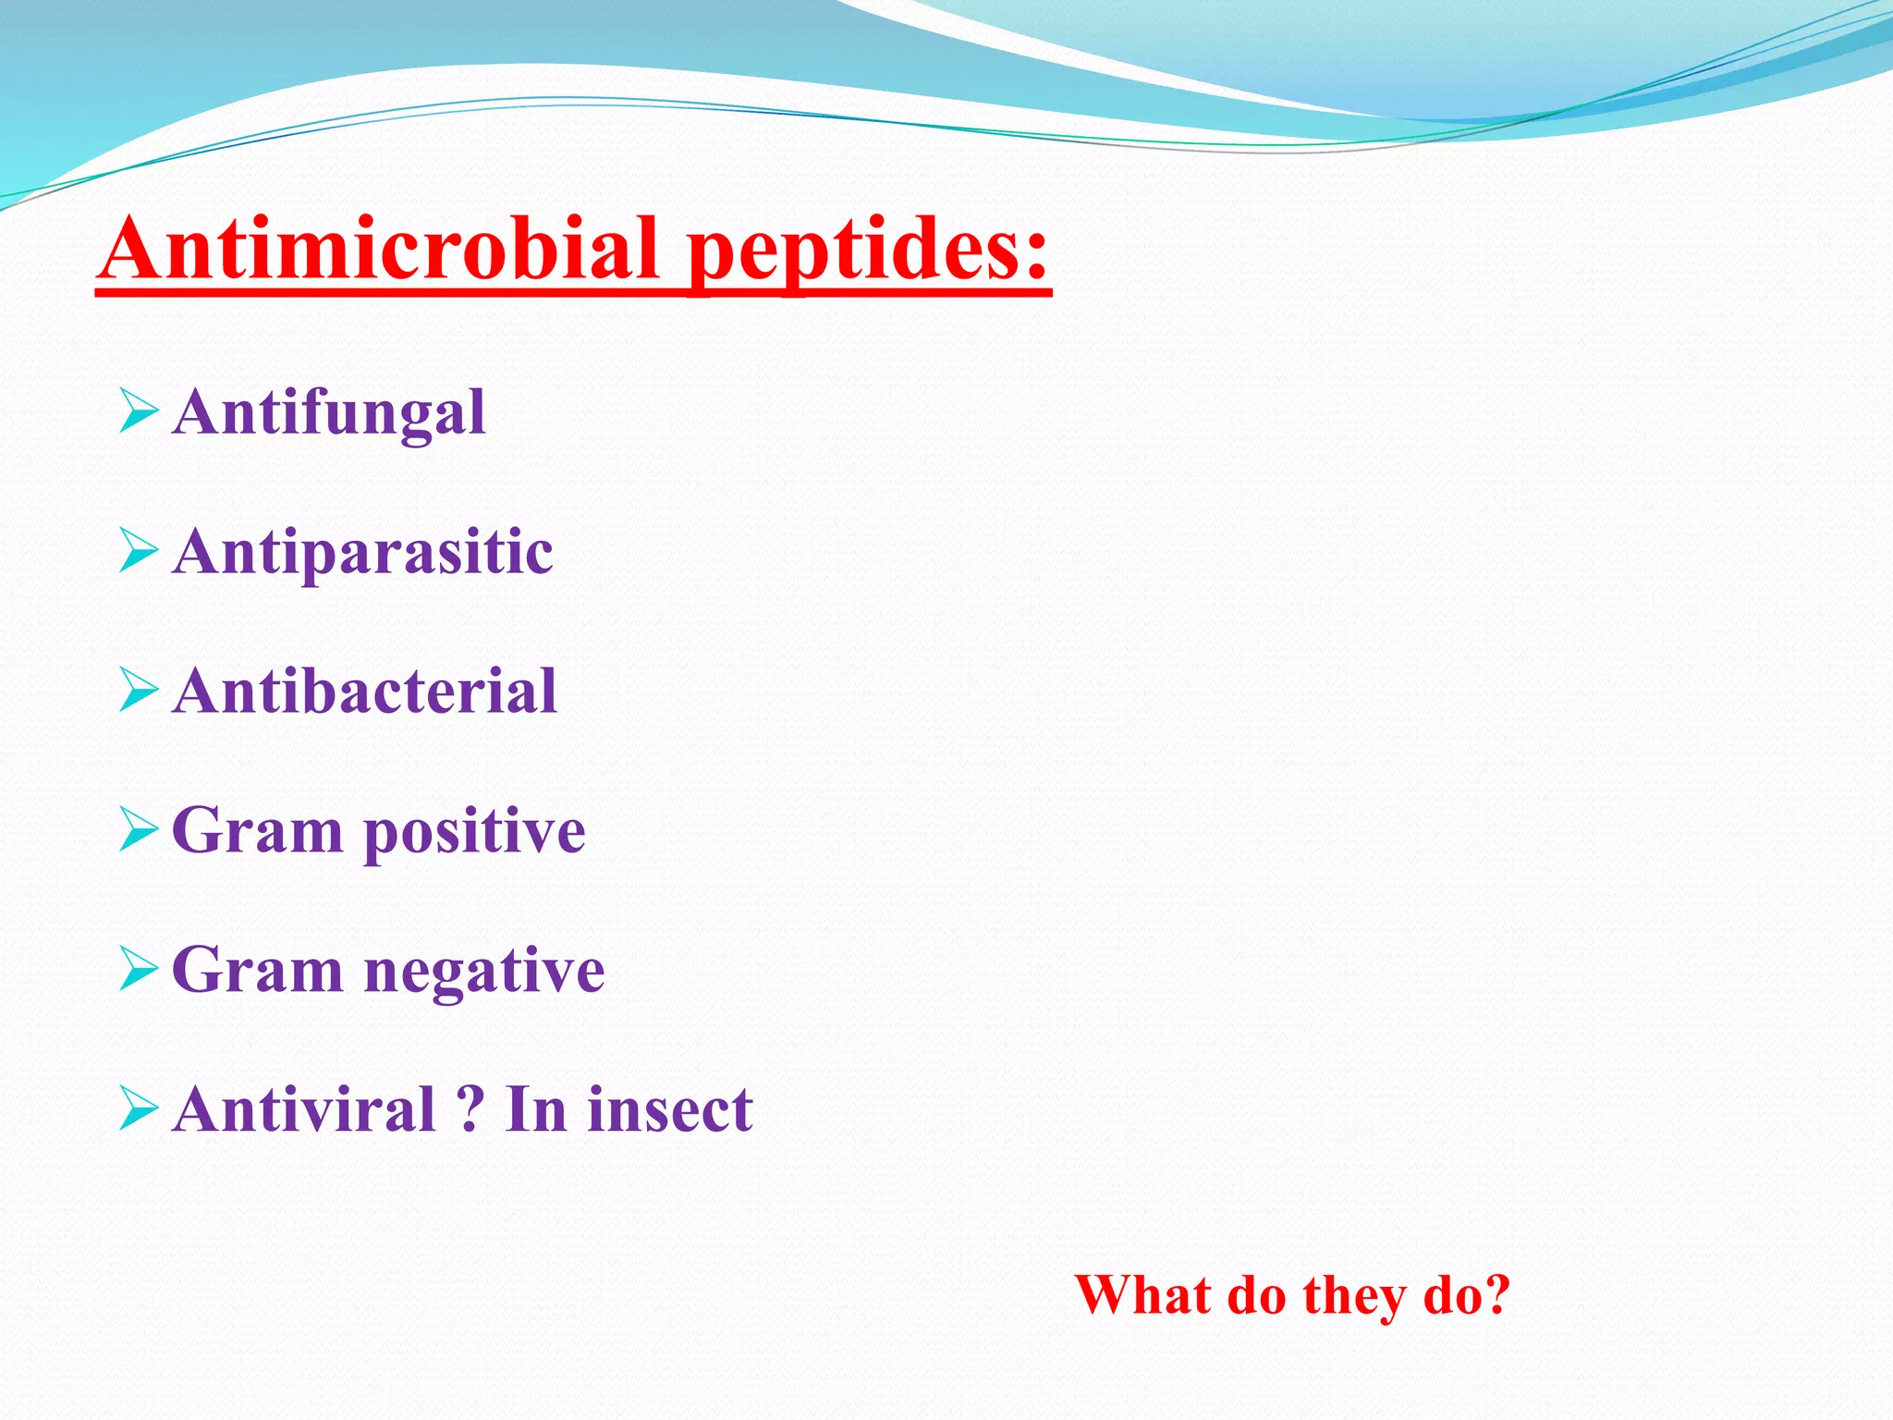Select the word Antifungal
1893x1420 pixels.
coord(329,412)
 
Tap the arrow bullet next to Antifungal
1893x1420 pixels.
coord(139,411)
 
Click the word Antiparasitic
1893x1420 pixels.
coord(362,553)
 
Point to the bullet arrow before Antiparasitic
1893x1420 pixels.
coord(139,552)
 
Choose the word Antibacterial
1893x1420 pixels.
coord(364,692)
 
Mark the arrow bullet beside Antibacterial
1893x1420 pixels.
coord(139,692)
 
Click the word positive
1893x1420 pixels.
coord(474,832)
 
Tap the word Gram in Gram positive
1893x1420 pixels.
coord(258,830)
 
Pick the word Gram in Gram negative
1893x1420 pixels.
coord(258,971)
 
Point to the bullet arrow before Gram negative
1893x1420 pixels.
coord(139,970)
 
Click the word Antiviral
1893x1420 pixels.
coord(304,1109)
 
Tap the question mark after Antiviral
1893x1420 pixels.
coord(470,1109)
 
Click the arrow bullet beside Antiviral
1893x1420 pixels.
coord(139,1109)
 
